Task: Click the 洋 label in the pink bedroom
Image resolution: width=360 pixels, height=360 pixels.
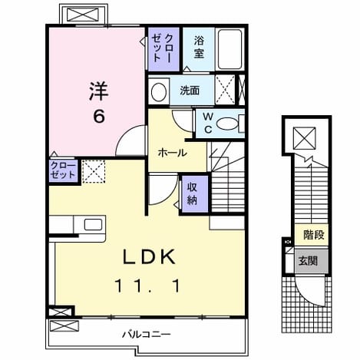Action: (x=99, y=91)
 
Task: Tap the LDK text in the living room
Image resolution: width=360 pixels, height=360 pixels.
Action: (x=150, y=256)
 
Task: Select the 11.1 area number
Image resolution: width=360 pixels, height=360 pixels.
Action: (x=148, y=286)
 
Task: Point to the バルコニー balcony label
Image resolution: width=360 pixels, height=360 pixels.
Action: (x=146, y=334)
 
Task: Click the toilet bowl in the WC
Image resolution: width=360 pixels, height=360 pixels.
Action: (x=227, y=124)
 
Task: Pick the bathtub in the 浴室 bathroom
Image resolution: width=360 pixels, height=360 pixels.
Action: (x=230, y=49)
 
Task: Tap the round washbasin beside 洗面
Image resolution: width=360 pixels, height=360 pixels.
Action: (x=159, y=92)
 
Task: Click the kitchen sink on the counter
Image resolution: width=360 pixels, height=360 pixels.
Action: (x=93, y=225)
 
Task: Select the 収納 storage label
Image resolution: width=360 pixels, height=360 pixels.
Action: (x=192, y=193)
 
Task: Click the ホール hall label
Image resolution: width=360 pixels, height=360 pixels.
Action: (x=172, y=154)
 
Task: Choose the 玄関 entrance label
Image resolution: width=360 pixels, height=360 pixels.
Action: (x=308, y=261)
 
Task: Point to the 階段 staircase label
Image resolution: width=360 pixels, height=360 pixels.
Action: (x=314, y=235)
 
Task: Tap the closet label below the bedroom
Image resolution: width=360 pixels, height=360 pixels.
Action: (x=63, y=170)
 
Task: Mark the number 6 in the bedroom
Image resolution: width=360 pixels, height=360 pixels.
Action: (x=99, y=117)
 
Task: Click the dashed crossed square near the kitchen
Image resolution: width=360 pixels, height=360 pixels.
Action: (x=94, y=171)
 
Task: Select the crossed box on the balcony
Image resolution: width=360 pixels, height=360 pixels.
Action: (x=63, y=326)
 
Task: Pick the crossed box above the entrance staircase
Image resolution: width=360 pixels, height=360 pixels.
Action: (x=305, y=138)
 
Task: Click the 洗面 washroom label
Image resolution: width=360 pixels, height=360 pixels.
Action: (x=190, y=91)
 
